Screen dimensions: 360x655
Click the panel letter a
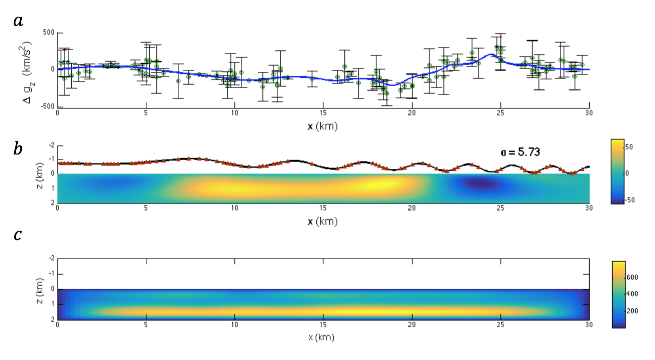18,22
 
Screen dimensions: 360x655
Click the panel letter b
18,149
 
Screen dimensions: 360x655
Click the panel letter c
17,236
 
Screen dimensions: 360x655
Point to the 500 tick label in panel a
49,33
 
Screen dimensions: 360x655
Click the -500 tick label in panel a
47,106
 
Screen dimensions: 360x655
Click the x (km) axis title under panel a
322,126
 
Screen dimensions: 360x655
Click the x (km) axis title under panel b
322,221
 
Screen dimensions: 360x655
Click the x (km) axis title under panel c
322,337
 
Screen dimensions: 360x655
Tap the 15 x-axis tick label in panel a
323,114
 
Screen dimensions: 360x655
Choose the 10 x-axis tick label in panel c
234,325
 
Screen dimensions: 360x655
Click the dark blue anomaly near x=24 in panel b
478,185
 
